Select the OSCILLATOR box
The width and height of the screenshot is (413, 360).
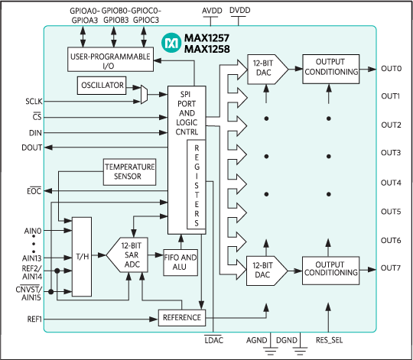coord(102,86)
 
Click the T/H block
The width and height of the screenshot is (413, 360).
coord(80,257)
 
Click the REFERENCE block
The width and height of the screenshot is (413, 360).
coord(181,317)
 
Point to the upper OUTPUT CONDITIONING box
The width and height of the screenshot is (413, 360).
coord(330,66)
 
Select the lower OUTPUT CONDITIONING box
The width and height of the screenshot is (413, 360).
coord(330,268)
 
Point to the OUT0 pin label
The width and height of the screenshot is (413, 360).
coord(391,69)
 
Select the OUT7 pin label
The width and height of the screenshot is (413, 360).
coord(391,267)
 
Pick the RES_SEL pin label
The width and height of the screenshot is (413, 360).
coord(330,339)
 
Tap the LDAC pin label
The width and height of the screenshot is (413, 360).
coord(214,339)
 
